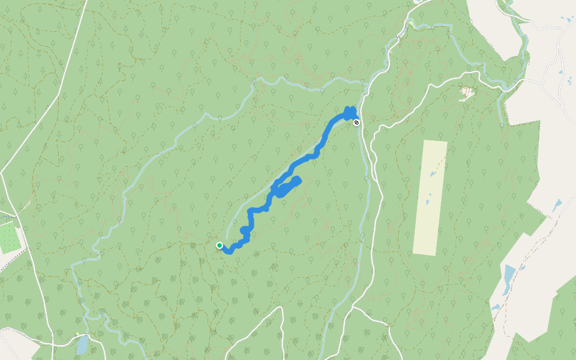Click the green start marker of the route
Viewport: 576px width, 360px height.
pos(220,245)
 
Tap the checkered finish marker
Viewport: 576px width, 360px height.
pos(357,122)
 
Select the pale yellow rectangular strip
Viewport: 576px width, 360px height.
pos(430,198)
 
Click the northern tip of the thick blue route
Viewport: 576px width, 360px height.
pos(350,109)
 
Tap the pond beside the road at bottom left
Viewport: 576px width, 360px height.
pos(82,344)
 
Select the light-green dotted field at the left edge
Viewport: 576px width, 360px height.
pos(8,236)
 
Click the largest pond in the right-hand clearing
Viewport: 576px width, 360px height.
pos(509,278)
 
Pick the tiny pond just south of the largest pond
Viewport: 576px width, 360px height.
pos(496,307)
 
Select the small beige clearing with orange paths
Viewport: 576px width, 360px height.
pos(466,92)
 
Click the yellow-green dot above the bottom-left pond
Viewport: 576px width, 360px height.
pos(77,334)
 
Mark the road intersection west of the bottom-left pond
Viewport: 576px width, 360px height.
pos(52,344)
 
